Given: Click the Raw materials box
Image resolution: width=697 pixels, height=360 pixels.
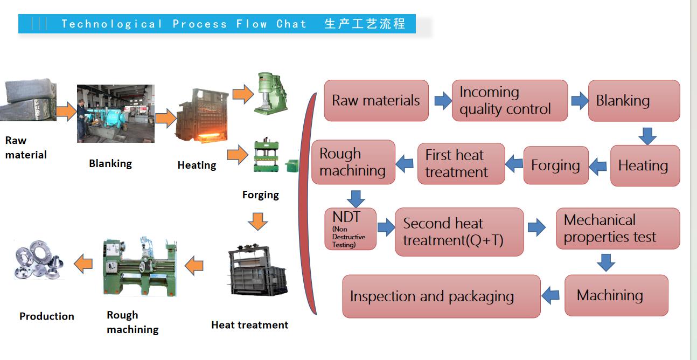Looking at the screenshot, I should [x=376, y=101].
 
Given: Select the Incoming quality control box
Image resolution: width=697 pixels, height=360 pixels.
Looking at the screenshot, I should [x=509, y=101].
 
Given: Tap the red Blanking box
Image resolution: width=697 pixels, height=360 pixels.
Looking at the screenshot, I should [x=633, y=101].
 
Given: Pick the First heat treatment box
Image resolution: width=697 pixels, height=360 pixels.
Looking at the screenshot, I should [x=461, y=164].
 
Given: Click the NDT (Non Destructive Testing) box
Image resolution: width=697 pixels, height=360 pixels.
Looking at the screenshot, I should [x=350, y=229].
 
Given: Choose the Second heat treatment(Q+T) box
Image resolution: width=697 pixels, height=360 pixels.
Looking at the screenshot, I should [x=459, y=232].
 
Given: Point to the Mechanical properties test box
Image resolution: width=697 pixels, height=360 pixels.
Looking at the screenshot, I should [x=617, y=229].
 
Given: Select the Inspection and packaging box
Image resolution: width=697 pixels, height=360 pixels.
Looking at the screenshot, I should [x=441, y=296].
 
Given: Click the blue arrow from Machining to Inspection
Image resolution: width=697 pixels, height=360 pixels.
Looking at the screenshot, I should [x=550, y=295].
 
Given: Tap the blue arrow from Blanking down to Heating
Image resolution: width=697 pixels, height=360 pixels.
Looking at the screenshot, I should [x=647, y=136].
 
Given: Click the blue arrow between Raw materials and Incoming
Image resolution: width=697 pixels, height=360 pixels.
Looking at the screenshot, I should [x=443, y=100].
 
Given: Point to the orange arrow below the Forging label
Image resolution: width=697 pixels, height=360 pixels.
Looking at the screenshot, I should [x=257, y=221].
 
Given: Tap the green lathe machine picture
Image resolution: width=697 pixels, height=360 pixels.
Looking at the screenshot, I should [x=140, y=266].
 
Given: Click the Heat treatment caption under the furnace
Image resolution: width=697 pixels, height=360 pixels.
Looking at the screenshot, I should [x=249, y=325].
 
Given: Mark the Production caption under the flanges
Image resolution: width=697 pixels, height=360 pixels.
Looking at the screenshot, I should [x=47, y=316].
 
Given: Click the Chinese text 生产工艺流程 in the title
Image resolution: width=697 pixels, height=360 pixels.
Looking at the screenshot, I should [x=364, y=24].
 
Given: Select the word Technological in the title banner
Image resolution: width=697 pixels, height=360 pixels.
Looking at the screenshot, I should [x=111, y=24].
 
